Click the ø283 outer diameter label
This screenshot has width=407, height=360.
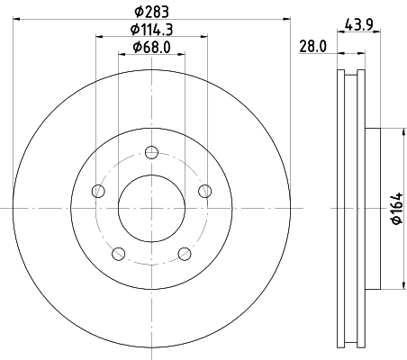(151, 11)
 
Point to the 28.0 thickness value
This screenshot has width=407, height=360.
(312, 47)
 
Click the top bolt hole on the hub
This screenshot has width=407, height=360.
(151, 151)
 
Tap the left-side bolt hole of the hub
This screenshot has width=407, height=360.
(97, 190)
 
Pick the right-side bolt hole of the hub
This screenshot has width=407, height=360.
(205, 190)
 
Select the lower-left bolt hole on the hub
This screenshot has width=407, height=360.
(118, 253)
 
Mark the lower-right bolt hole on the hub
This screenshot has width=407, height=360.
(185, 253)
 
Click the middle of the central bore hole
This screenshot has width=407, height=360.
(151, 207)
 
